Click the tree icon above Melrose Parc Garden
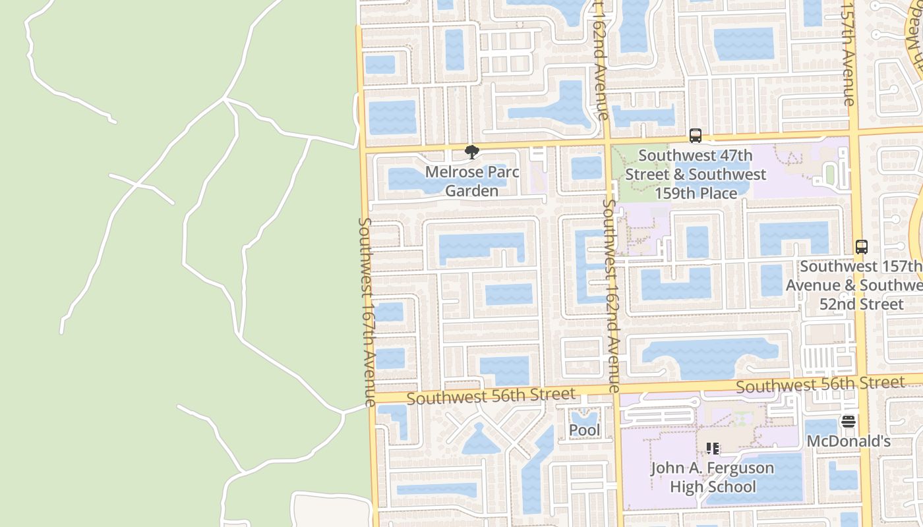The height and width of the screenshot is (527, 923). [471, 152]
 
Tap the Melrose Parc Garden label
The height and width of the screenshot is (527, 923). [471, 181]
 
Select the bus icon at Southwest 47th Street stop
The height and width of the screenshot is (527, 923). [695, 136]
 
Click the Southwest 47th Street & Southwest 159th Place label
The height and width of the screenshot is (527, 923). [696, 175]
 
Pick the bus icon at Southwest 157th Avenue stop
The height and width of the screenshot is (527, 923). [861, 247]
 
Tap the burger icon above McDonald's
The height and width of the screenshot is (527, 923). [848, 422]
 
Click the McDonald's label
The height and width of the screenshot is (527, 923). [849, 441]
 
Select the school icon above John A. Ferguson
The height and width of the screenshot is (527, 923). [712, 449]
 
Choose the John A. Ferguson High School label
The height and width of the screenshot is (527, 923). [712, 478]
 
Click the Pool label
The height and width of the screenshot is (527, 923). [584, 430]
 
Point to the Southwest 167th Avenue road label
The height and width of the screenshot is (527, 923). [367, 311]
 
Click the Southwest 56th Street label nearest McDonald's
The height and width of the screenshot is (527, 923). [820, 385]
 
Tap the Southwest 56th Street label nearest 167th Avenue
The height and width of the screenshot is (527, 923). [491, 397]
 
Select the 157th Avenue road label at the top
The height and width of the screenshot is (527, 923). [848, 53]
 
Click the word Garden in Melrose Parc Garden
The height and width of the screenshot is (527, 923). [471, 191]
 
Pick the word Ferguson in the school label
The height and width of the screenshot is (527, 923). [742, 468]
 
